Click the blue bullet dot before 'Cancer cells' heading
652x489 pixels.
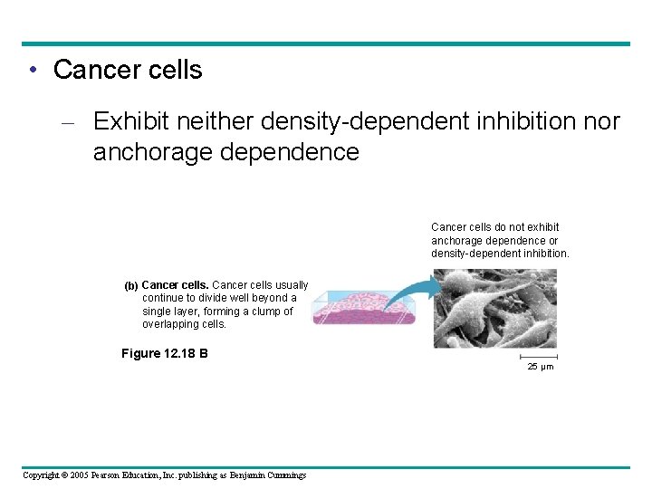click(32, 71)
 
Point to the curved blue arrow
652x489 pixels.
click(410, 292)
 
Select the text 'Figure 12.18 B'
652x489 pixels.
click(164, 353)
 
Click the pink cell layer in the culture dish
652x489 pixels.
click(362, 312)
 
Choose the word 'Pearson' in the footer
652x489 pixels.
click(112, 475)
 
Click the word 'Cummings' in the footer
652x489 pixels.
click(285, 475)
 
